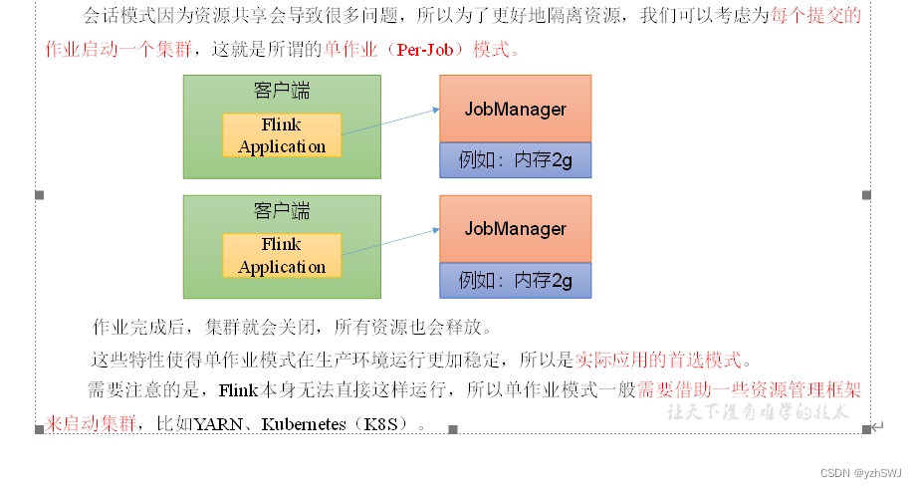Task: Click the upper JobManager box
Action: (x=515, y=109)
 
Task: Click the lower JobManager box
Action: (x=515, y=229)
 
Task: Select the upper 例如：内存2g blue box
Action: (x=515, y=159)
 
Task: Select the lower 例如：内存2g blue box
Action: (x=515, y=280)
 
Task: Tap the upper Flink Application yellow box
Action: (x=282, y=135)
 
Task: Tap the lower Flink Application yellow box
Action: (x=282, y=256)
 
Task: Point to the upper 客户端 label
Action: (x=282, y=91)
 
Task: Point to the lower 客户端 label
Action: (x=282, y=211)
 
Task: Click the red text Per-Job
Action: (x=429, y=50)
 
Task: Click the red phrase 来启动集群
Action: (x=91, y=424)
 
